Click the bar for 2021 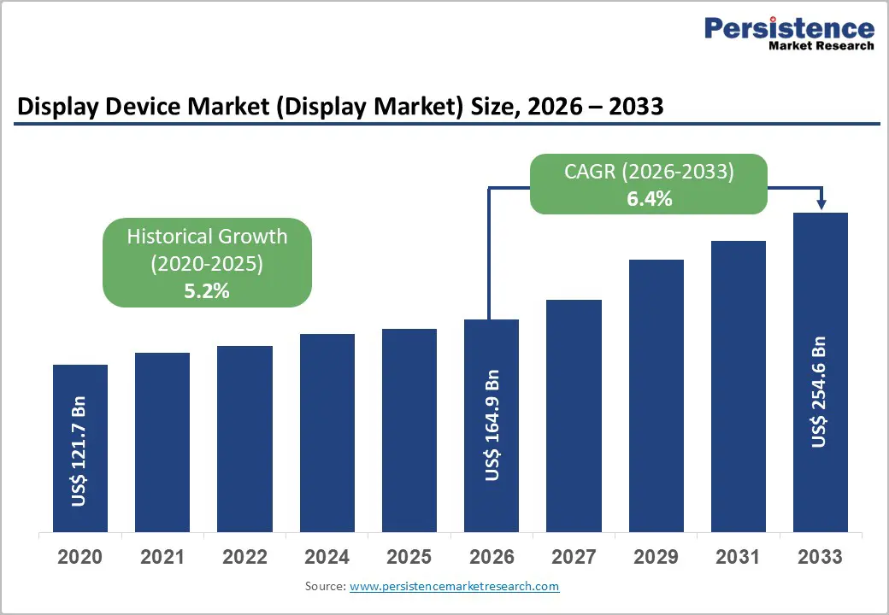coord(162,442)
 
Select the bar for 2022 coord(244,438)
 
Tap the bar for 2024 coord(327,432)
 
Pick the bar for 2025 coord(409,430)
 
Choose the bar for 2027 coord(574,415)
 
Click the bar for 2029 coord(656,395)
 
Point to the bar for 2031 coord(739,386)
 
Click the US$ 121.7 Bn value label coord(79,451)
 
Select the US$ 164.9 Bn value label coord(492,425)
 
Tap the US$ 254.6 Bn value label coord(820,392)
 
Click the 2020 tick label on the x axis coord(79,557)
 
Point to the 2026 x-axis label coord(492,557)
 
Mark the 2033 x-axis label coord(820,557)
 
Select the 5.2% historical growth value coord(207,290)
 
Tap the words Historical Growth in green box coord(207,237)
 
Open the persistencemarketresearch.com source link coord(454,586)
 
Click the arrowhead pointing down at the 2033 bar coord(821,204)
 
